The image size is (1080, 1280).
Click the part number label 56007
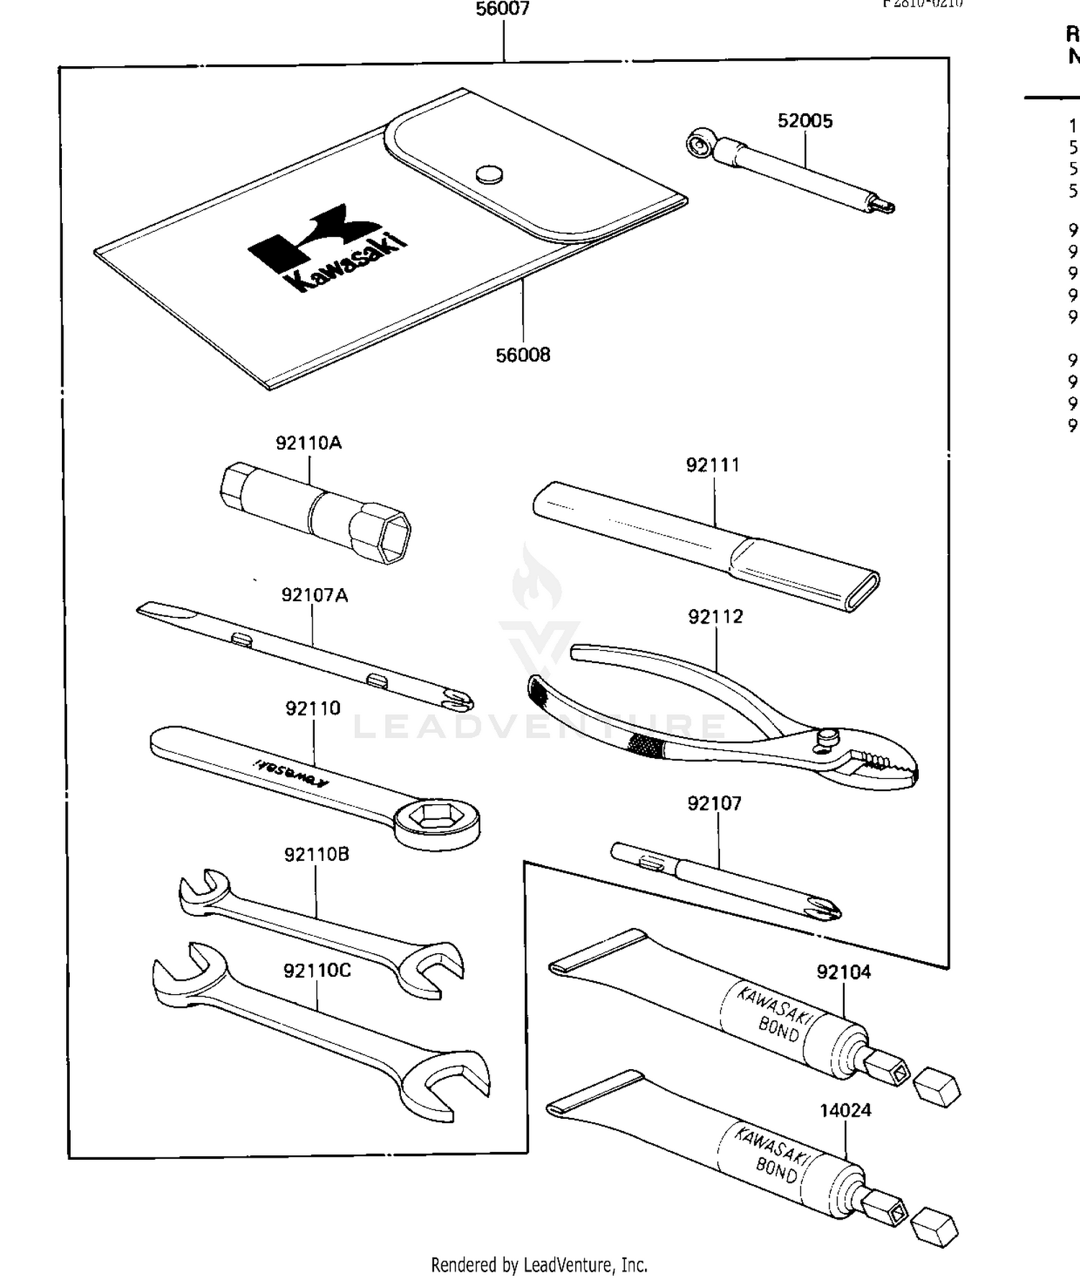tap(503, 9)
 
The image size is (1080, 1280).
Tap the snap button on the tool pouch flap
tap(489, 173)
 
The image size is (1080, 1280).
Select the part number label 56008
tap(523, 355)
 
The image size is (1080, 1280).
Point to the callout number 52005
tap(805, 121)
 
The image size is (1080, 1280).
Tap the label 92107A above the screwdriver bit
tap(314, 595)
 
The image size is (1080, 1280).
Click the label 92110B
tap(316, 855)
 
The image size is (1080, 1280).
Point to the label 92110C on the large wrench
tap(317, 971)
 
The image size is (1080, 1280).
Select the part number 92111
tap(712, 465)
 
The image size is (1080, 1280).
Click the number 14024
tap(845, 1110)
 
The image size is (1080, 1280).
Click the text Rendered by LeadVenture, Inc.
tap(539, 1264)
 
